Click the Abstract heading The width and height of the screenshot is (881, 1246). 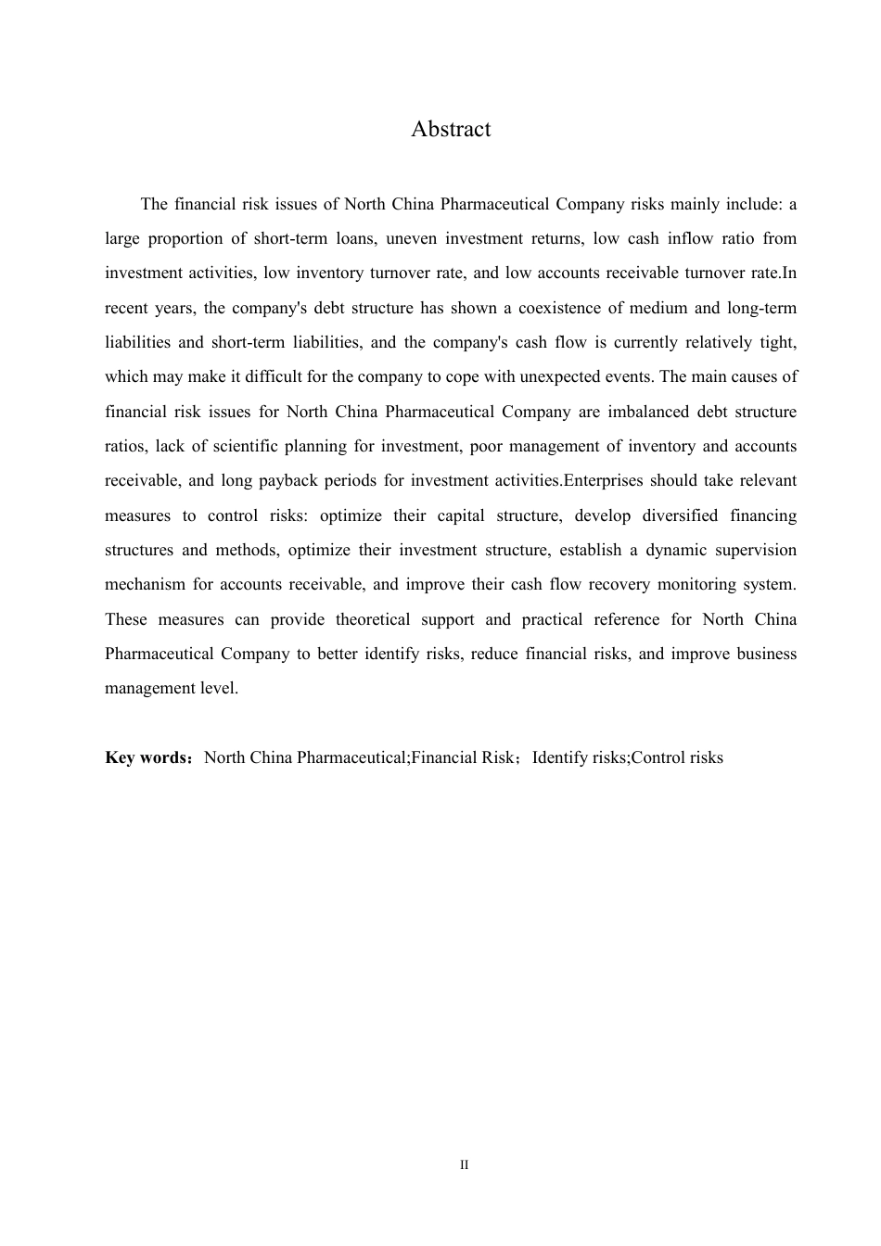[451, 130]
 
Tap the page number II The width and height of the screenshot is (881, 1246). [464, 1165]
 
